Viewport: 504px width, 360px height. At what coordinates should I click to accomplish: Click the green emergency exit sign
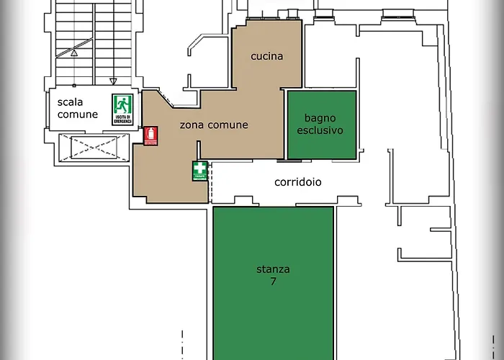(x=122, y=109)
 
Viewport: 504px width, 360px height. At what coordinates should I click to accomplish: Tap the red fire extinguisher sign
(x=150, y=136)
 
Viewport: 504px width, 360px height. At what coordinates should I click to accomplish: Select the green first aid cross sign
(x=199, y=171)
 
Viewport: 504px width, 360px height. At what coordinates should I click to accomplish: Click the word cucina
(x=266, y=56)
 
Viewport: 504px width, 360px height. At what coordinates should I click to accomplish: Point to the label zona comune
(x=213, y=125)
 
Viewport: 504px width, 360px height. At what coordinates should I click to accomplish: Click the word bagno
(x=320, y=118)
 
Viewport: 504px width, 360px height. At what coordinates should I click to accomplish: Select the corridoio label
(x=297, y=182)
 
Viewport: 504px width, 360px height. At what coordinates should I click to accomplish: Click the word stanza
(x=273, y=270)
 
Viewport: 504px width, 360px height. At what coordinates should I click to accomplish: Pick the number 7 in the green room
(x=273, y=282)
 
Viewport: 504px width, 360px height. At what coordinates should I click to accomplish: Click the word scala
(x=71, y=102)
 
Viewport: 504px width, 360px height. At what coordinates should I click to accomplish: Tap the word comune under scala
(x=77, y=114)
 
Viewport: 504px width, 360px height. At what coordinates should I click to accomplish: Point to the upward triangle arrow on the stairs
(x=73, y=52)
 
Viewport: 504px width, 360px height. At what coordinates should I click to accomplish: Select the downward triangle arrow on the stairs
(x=112, y=81)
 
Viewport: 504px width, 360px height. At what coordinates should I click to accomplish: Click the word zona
(x=192, y=125)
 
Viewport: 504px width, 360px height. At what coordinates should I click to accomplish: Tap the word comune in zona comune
(x=227, y=125)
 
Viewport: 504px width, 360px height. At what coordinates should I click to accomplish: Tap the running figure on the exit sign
(x=122, y=105)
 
